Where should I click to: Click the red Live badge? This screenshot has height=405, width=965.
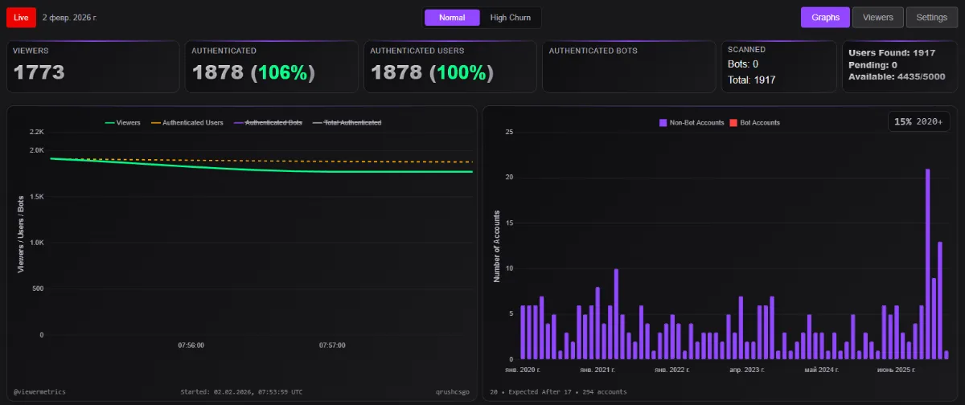pyautogui.click(x=21, y=18)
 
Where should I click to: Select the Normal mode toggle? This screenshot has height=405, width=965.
pyautogui.click(x=452, y=18)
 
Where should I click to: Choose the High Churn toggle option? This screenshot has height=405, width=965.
pyautogui.click(x=510, y=18)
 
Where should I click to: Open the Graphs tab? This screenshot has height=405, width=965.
pyautogui.click(x=825, y=18)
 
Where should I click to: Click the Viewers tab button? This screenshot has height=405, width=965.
pyautogui.click(x=877, y=18)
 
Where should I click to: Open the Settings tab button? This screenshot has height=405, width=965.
pyautogui.click(x=931, y=18)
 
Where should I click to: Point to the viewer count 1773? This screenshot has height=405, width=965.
pyautogui.click(x=39, y=72)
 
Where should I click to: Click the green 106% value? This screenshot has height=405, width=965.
pyautogui.click(x=282, y=72)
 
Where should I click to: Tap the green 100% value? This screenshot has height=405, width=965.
pyautogui.click(x=461, y=72)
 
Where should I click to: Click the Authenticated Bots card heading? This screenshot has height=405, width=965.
pyautogui.click(x=593, y=51)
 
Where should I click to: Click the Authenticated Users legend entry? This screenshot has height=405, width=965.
pyautogui.click(x=187, y=123)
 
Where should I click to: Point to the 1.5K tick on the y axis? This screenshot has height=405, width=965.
pyautogui.click(x=37, y=197)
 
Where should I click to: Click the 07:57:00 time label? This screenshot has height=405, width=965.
pyautogui.click(x=332, y=346)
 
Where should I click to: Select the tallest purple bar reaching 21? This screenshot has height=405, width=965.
pyautogui.click(x=927, y=264)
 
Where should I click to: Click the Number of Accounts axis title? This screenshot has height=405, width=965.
pyautogui.click(x=497, y=246)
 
